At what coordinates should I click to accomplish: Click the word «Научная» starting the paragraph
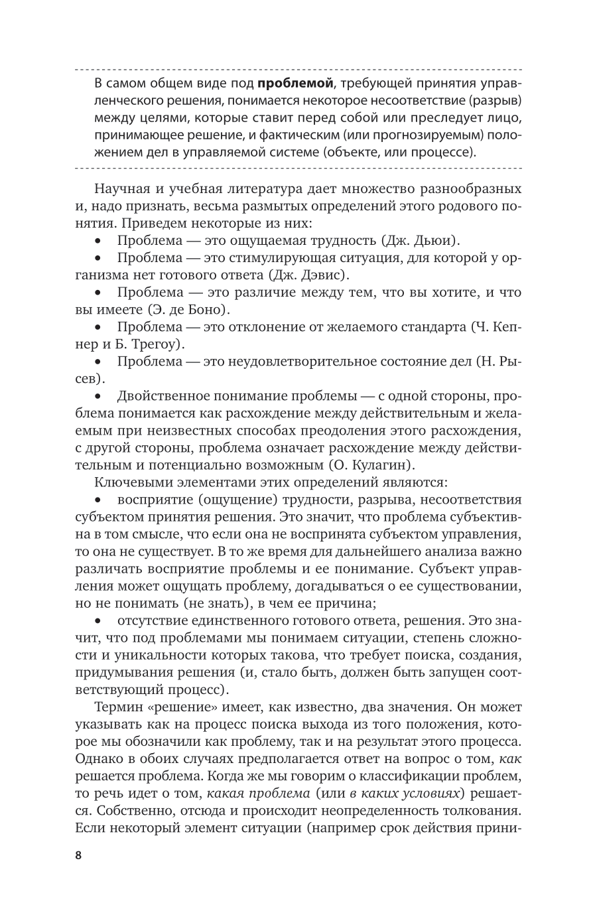coord(122,188)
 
